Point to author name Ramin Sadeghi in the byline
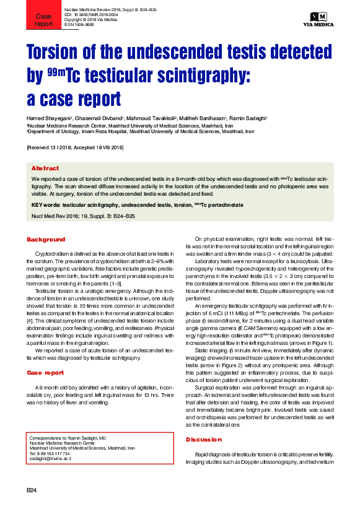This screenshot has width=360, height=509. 247,118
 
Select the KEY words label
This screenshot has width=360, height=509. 46,204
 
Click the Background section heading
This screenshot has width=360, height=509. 45,239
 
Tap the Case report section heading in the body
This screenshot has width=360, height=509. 45,373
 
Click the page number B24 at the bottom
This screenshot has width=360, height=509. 32,490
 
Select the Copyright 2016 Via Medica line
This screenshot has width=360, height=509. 90,20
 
